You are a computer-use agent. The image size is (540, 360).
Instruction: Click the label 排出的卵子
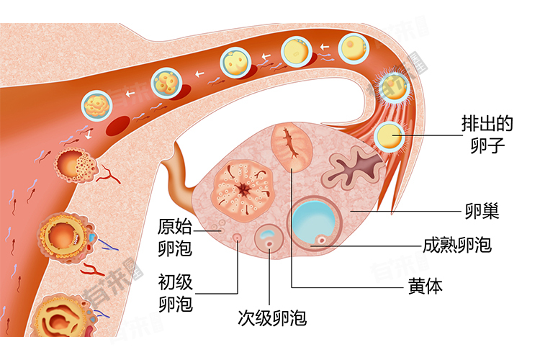click(487, 135)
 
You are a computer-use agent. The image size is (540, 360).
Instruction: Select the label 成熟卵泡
click(457, 245)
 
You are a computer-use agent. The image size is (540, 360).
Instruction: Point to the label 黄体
click(425, 286)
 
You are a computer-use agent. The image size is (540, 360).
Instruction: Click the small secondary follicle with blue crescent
click(270, 238)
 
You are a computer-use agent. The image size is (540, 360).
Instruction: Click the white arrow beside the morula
click(130, 93)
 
